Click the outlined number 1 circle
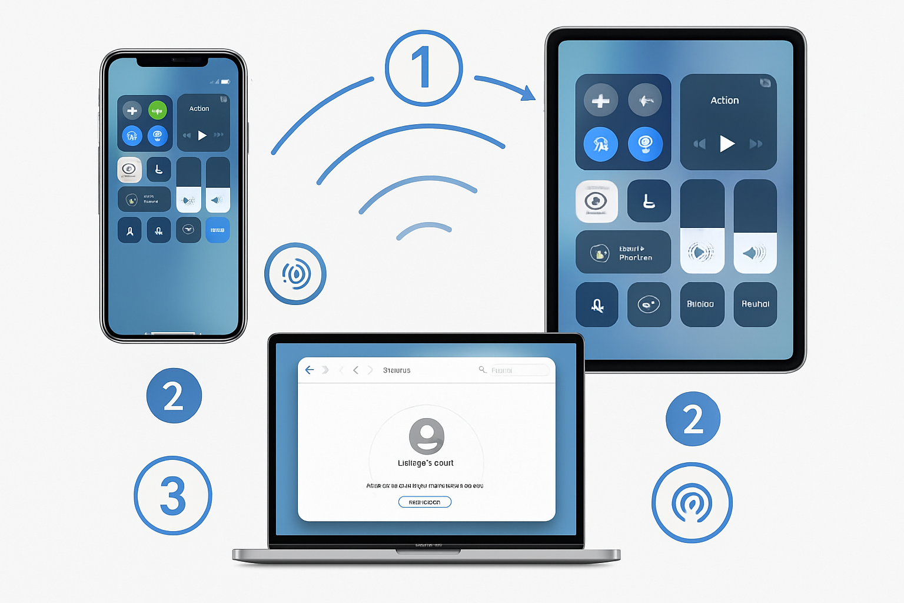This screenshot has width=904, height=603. [x=424, y=68]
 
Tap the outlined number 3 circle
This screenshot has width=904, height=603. [x=173, y=495]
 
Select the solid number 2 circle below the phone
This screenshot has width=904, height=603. [x=174, y=396]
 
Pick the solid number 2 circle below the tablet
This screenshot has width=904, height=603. [x=693, y=419]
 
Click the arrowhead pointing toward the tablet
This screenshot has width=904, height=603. [x=527, y=92]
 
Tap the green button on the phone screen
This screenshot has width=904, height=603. [x=157, y=110]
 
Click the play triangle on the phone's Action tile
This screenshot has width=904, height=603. [x=202, y=135]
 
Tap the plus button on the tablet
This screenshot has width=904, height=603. [x=600, y=101]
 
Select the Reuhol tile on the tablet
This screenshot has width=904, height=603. [x=755, y=304]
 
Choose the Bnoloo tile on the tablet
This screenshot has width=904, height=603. [x=700, y=304]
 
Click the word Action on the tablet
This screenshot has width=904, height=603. [x=724, y=101]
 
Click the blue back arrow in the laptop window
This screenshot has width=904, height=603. [x=310, y=370]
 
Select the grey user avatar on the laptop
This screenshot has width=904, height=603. [x=426, y=436]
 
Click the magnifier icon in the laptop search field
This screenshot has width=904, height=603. [x=482, y=369]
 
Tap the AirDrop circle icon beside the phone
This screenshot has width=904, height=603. [x=295, y=274]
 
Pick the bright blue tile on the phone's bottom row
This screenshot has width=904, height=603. [x=217, y=230]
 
